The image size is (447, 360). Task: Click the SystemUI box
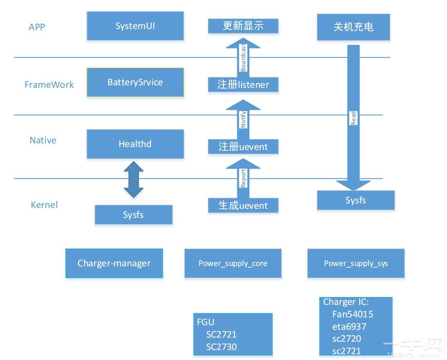pos(135,26)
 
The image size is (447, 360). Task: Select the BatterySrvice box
pos(135,82)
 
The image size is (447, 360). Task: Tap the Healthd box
pos(135,144)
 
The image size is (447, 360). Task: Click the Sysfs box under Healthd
pos(133,215)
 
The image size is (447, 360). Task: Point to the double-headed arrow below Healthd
pos(133,179)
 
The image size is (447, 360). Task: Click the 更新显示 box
pos(243,26)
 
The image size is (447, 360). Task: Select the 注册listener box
pos(243,85)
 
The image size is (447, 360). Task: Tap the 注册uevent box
pos(243,147)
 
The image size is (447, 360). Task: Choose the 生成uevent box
pos(243,205)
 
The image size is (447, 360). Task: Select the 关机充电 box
pos(353,27)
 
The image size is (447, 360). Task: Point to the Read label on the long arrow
pos(353,118)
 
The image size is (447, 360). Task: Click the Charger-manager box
pos(114,263)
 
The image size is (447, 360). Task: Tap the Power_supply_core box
pos(233,263)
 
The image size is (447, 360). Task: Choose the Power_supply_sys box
pos(356,263)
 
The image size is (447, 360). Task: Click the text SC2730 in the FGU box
pos(221,347)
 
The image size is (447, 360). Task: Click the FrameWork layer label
pos(49,85)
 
